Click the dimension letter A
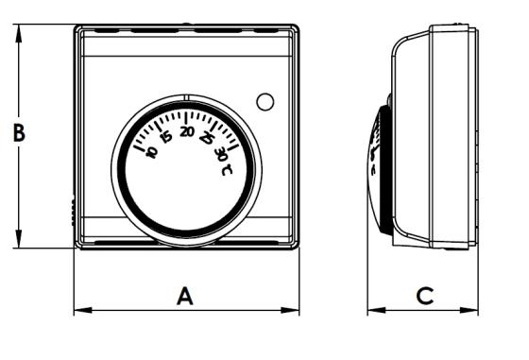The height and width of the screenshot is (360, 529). [x=185, y=297]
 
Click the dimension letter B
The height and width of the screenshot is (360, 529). [x=19, y=132]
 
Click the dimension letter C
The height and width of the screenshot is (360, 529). [x=425, y=296]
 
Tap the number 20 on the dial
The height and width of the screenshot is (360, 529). [x=187, y=131]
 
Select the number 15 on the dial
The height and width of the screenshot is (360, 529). [x=165, y=137]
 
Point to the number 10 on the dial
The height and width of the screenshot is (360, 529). [x=151, y=151]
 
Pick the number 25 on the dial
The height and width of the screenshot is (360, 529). [x=207, y=138]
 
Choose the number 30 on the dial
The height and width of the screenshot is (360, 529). [x=221, y=154]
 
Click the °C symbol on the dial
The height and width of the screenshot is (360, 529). [x=227, y=169]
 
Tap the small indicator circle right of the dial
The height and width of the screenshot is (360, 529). [x=265, y=101]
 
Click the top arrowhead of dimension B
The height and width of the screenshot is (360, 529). [x=19, y=33]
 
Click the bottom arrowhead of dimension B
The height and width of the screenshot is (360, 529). [x=19, y=239]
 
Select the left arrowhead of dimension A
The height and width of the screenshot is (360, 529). [x=83, y=311]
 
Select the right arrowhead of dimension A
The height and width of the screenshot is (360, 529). [x=290, y=311]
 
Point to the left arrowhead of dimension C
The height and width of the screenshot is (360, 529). [x=377, y=311]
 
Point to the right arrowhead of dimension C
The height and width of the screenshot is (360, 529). [x=469, y=311]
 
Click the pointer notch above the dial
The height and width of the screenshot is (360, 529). [x=187, y=97]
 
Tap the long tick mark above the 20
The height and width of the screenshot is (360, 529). [x=187, y=117]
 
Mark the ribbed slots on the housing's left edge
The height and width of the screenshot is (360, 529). [x=73, y=213]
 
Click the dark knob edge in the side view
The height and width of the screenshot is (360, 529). [x=385, y=170]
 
